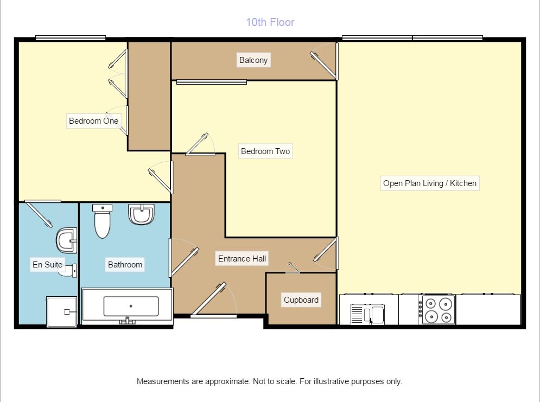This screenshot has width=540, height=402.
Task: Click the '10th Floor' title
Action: tap(270, 22)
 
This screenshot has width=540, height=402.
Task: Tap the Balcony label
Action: tap(253, 60)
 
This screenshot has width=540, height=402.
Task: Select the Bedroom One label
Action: tap(93, 121)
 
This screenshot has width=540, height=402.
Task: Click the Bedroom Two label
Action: tap(265, 151)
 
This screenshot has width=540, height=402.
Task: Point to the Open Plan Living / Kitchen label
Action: tap(429, 183)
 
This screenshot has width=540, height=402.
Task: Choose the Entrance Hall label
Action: tap(242, 259)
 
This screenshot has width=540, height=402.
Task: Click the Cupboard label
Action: tap(301, 299)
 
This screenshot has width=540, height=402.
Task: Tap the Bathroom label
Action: tap(125, 265)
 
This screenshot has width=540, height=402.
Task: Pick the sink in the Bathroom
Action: tap(142, 214)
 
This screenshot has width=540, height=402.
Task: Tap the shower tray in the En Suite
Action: tap(62, 311)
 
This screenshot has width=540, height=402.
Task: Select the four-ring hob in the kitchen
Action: tap(437, 310)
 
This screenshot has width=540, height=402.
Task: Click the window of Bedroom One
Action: tap(71, 38)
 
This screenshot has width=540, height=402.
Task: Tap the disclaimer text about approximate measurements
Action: tap(269, 381)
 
